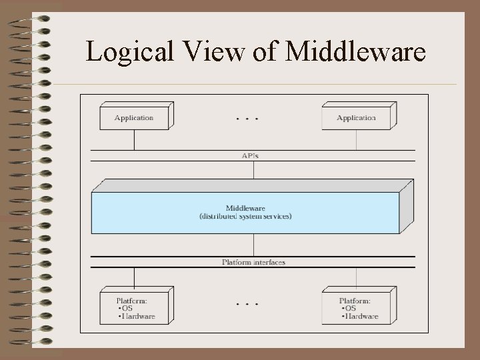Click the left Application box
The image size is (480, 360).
click(134, 118)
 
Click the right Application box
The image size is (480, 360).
click(356, 118)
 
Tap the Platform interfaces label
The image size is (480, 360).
click(253, 262)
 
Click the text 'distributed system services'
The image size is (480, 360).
click(245, 217)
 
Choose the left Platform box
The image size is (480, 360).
click(134, 308)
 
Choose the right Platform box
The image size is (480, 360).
click(356, 308)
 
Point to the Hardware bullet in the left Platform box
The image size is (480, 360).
click(137, 316)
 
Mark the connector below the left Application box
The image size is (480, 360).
click(134, 140)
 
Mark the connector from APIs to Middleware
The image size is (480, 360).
click(254, 169)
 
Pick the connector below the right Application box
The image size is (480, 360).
click(356, 140)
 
